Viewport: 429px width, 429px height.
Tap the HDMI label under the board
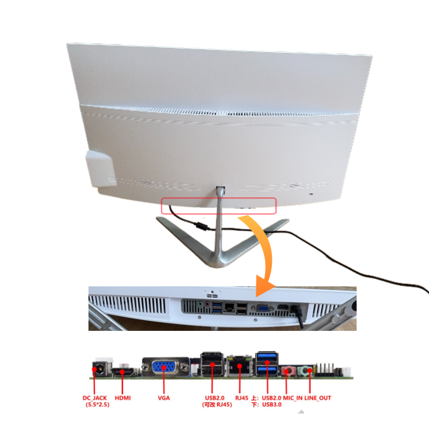pyautogui.click(x=123, y=398)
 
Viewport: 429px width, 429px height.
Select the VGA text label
pyautogui.click(x=164, y=398)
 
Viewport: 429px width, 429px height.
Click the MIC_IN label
pyautogui.click(x=293, y=398)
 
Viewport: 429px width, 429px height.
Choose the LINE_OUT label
pyautogui.click(x=318, y=398)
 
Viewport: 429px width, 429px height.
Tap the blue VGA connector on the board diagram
pyautogui.click(x=165, y=367)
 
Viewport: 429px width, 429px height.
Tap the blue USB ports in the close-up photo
pyautogui.click(x=217, y=307)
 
